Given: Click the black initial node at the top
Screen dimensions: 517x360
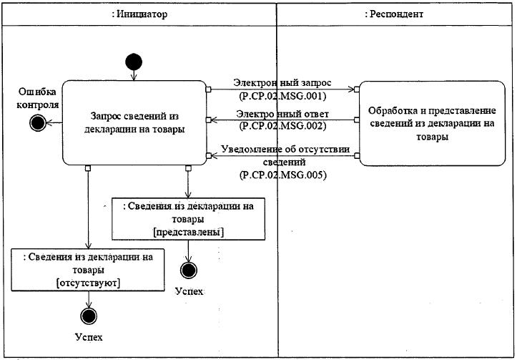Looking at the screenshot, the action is [134, 62].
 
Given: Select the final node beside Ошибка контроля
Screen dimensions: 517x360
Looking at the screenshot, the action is [38, 123].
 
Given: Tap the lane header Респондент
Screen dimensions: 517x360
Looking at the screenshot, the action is [394, 14].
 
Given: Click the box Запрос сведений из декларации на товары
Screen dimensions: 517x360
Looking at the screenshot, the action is [134, 122].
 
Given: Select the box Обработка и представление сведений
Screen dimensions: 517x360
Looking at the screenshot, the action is [432, 123].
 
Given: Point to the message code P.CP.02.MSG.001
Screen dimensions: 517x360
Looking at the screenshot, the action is [282, 96].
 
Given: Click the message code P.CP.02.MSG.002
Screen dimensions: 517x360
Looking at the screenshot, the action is [282, 126].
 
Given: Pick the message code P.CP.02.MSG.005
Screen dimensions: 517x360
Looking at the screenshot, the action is [282, 175].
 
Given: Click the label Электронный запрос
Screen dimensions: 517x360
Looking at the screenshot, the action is [282, 82].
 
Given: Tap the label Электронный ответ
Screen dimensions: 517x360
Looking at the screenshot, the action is [282, 115].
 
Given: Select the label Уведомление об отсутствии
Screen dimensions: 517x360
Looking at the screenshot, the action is [285, 149].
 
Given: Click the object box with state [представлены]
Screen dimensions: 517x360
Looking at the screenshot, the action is [188, 219].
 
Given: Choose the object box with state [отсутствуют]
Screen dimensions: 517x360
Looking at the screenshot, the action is [88, 270].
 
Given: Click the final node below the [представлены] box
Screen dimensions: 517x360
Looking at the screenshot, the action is [189, 271].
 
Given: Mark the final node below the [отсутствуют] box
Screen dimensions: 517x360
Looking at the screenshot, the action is [89, 316].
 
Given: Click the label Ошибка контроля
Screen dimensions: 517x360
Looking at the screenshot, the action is [38, 98].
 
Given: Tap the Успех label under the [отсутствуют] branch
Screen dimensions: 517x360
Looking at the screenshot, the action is [89, 337].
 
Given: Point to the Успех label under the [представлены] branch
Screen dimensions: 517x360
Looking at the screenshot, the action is [189, 291].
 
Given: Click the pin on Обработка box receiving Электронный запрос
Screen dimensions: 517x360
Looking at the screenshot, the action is [356, 89].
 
